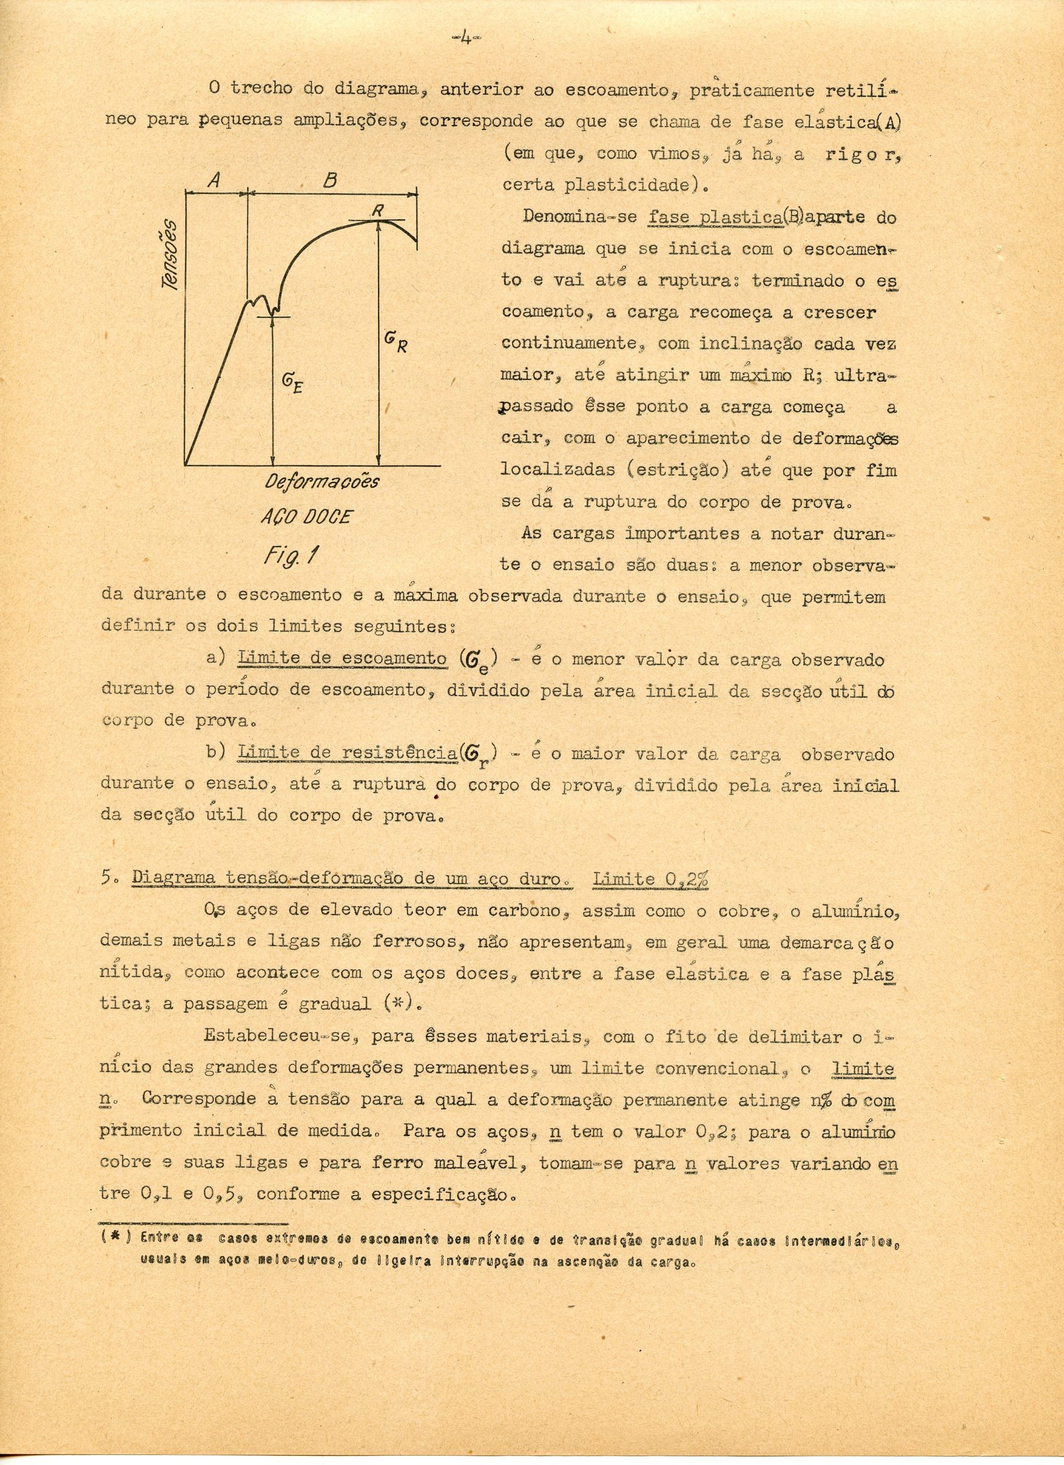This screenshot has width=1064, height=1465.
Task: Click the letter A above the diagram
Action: (216, 181)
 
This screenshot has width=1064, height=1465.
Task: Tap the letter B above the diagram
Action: (330, 181)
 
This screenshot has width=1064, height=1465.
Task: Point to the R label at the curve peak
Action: (378, 210)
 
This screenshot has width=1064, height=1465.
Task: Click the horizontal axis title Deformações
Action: (322, 482)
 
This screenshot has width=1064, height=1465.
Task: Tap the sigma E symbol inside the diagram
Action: (292, 385)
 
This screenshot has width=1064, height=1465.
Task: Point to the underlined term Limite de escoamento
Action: (342, 658)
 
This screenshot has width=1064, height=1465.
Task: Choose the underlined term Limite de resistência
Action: (347, 753)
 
